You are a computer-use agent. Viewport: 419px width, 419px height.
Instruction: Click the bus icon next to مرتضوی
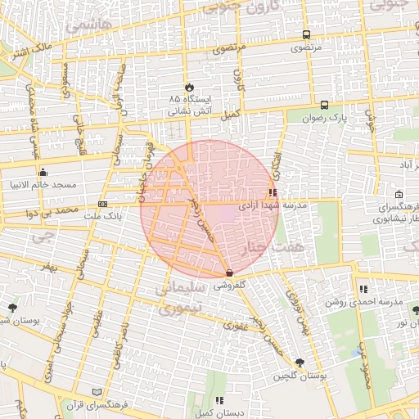306,35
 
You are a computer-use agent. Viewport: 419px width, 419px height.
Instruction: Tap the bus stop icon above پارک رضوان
325,105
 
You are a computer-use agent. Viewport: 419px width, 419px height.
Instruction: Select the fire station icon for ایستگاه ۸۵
189,86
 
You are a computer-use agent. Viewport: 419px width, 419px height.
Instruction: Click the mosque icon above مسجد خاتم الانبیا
43,173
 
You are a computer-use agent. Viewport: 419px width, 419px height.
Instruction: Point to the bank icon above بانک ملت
102,204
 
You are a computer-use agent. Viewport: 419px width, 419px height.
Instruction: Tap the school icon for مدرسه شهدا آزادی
273,194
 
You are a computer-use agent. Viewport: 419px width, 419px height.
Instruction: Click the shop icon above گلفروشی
228,273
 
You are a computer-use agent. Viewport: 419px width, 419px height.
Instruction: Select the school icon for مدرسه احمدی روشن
363,289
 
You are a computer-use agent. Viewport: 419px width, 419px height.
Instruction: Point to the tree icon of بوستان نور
416,310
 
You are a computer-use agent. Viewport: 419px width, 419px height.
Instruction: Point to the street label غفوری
224,325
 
